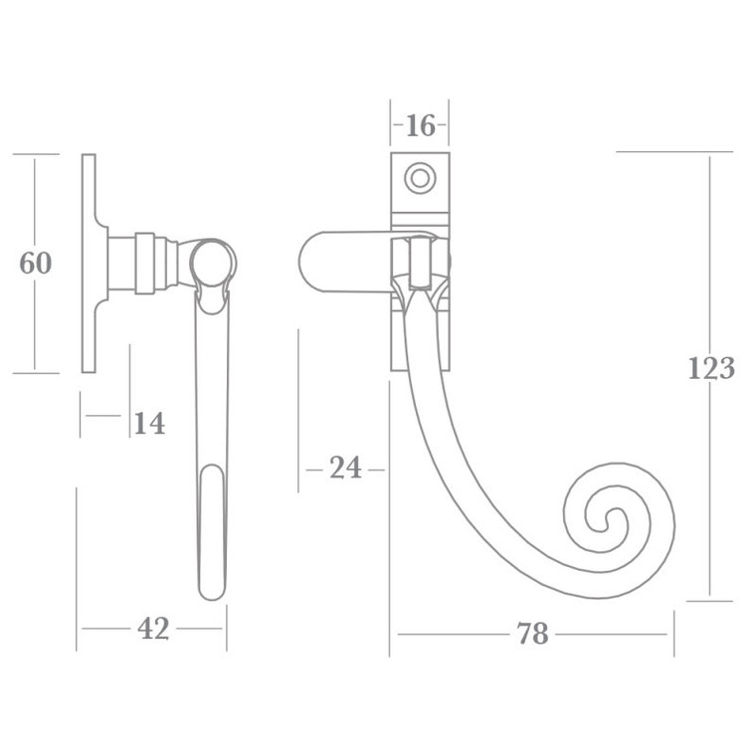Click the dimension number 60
pos(36,264)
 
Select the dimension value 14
pos(148,424)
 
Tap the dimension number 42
pos(153,629)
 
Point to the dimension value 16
pos(420,126)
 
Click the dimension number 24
pos(344,468)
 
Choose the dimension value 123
pos(711,368)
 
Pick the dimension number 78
pos(533,634)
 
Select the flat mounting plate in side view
pos(89,264)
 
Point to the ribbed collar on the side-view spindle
pos(145,264)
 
